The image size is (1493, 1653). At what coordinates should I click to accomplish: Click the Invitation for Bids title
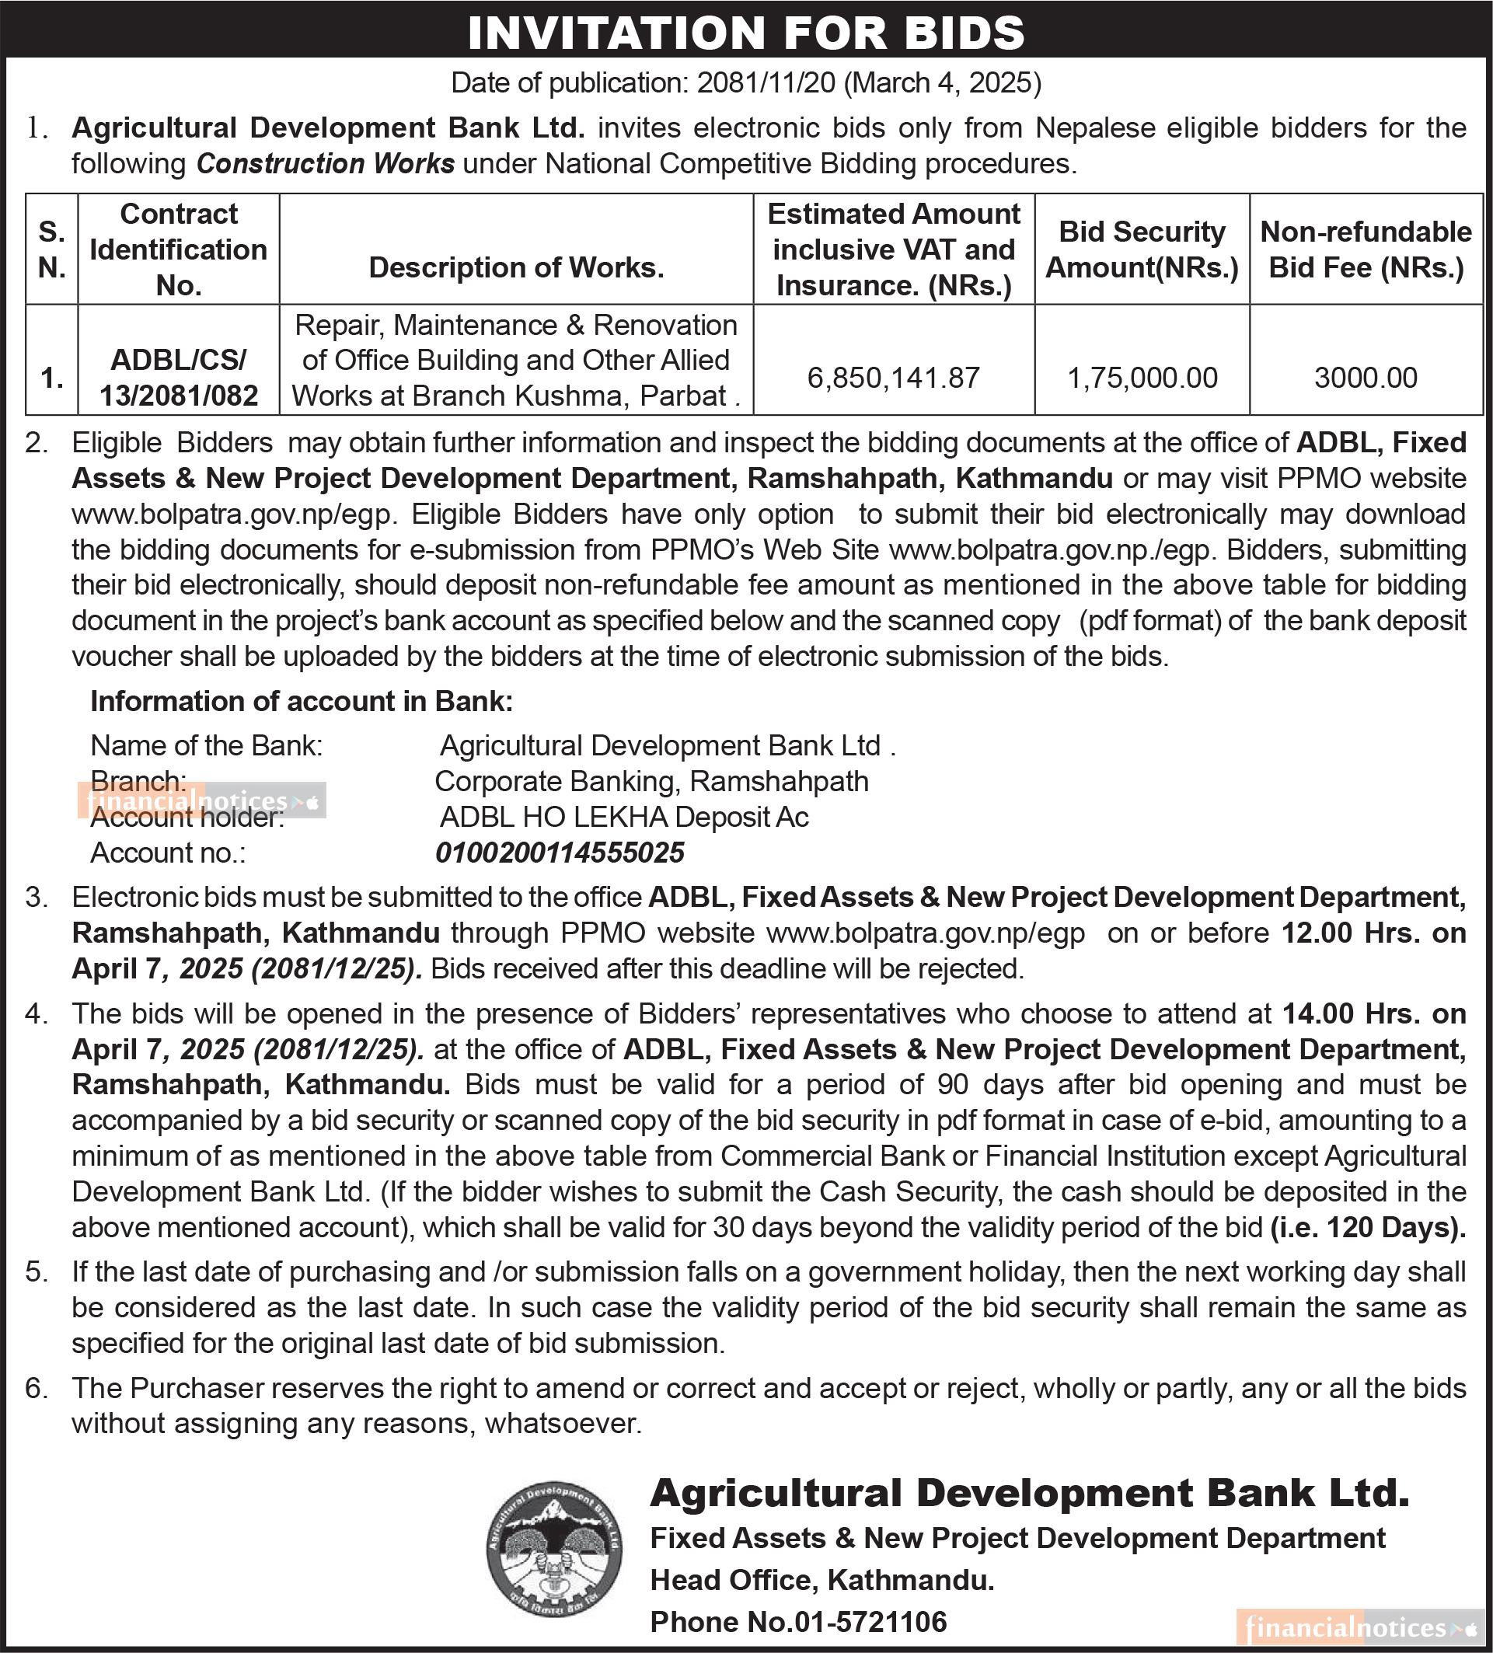pyautogui.click(x=746, y=32)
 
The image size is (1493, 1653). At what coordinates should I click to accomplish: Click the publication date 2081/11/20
pyautogui.click(x=766, y=83)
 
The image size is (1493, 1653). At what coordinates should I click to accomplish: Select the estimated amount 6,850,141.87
pyautogui.click(x=894, y=377)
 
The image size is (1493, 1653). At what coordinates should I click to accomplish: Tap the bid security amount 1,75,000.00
pyautogui.click(x=1142, y=377)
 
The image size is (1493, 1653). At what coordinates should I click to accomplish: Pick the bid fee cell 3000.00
pyautogui.click(x=1366, y=377)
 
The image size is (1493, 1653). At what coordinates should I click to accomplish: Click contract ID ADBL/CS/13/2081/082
pyautogui.click(x=179, y=377)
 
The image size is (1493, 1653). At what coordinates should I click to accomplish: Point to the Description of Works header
pyautogui.click(x=517, y=267)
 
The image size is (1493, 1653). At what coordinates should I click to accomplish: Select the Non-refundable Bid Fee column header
pyautogui.click(x=1366, y=249)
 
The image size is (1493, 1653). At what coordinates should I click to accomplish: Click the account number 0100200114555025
pyautogui.click(x=560, y=853)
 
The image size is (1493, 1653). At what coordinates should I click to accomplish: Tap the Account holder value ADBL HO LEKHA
pyautogui.click(x=624, y=817)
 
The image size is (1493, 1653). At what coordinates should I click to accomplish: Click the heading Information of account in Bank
pyautogui.click(x=302, y=701)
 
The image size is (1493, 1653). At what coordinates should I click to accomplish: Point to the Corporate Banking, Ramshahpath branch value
pyautogui.click(x=652, y=781)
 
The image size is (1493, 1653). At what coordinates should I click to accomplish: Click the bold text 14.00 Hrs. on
pyautogui.click(x=1374, y=1013)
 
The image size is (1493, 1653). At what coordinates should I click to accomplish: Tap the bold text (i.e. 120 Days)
pyautogui.click(x=1368, y=1226)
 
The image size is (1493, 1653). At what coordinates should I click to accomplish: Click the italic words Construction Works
pyautogui.click(x=326, y=164)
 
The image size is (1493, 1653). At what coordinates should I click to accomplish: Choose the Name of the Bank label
pyautogui.click(x=207, y=745)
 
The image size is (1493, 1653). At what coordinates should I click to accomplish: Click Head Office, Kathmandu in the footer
pyautogui.click(x=822, y=1579)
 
